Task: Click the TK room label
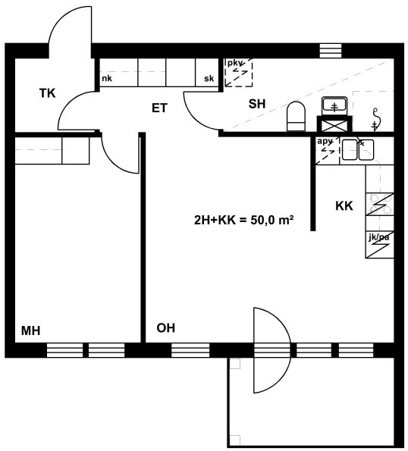pyautogui.click(x=48, y=93)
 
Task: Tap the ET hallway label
pyautogui.click(x=159, y=108)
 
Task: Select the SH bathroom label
pyautogui.click(x=257, y=104)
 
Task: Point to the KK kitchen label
pyautogui.click(x=344, y=205)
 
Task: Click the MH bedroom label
pyautogui.click(x=31, y=330)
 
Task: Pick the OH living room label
pyautogui.click(x=166, y=328)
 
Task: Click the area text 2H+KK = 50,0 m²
pyautogui.click(x=244, y=221)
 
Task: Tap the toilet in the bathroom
pyautogui.click(x=296, y=116)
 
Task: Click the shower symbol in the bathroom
pyautogui.click(x=375, y=118)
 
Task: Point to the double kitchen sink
pyautogui.click(x=358, y=149)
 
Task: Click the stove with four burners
pyautogui.click(x=379, y=204)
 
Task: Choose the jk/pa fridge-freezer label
pyautogui.click(x=378, y=237)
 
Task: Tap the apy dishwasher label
pyautogui.click(x=325, y=142)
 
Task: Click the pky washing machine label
pyautogui.click(x=234, y=63)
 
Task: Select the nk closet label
pyautogui.click(x=107, y=78)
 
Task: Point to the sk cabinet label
pyautogui.click(x=209, y=78)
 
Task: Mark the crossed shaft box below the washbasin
pyautogui.click(x=334, y=124)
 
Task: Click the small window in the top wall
pyautogui.click(x=331, y=51)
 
